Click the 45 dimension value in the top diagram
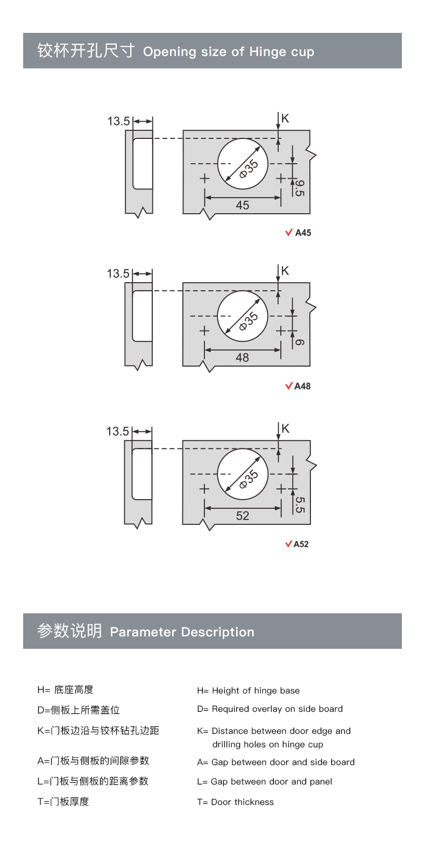[242, 205]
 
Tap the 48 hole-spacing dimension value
[242, 358]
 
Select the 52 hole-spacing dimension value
[242, 515]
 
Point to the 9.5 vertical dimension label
[299, 188]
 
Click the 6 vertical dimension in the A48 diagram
[299, 342]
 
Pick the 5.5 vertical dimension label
[300, 504]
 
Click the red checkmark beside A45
[288, 233]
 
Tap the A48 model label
[302, 386]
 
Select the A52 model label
[301, 544]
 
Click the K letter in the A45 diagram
[285, 118]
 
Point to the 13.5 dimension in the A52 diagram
[117, 431]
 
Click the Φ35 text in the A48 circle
[249, 321]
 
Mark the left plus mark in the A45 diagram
[204, 178]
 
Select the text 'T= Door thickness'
[235, 802]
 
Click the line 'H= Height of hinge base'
[249, 690]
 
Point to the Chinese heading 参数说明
[69, 631]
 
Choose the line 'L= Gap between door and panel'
[265, 781]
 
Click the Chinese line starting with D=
[79, 710]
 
